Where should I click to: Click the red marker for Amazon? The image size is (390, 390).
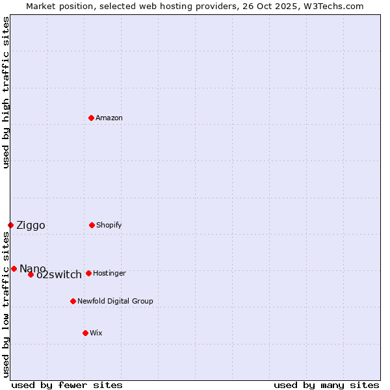92,118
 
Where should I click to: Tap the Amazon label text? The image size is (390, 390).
109,118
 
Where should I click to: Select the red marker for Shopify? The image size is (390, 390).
92,225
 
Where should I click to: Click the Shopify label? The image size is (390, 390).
109,226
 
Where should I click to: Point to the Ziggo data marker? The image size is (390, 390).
10,225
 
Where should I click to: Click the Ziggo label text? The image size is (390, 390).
31,226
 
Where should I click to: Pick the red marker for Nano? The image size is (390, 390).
14,268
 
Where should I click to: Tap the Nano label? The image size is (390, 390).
32,269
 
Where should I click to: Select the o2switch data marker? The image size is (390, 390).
31,274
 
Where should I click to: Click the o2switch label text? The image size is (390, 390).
59,275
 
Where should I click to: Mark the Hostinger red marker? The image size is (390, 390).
88,273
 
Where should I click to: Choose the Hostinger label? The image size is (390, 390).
109,274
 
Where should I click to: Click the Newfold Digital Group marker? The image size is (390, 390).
73,301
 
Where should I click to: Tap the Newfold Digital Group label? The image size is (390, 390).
115,302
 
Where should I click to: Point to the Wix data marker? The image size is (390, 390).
85,333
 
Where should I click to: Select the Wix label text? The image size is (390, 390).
96,333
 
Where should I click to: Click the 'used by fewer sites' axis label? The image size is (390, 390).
67,385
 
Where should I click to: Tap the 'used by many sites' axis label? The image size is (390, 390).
326,385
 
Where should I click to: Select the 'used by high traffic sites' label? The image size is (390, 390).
6,92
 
